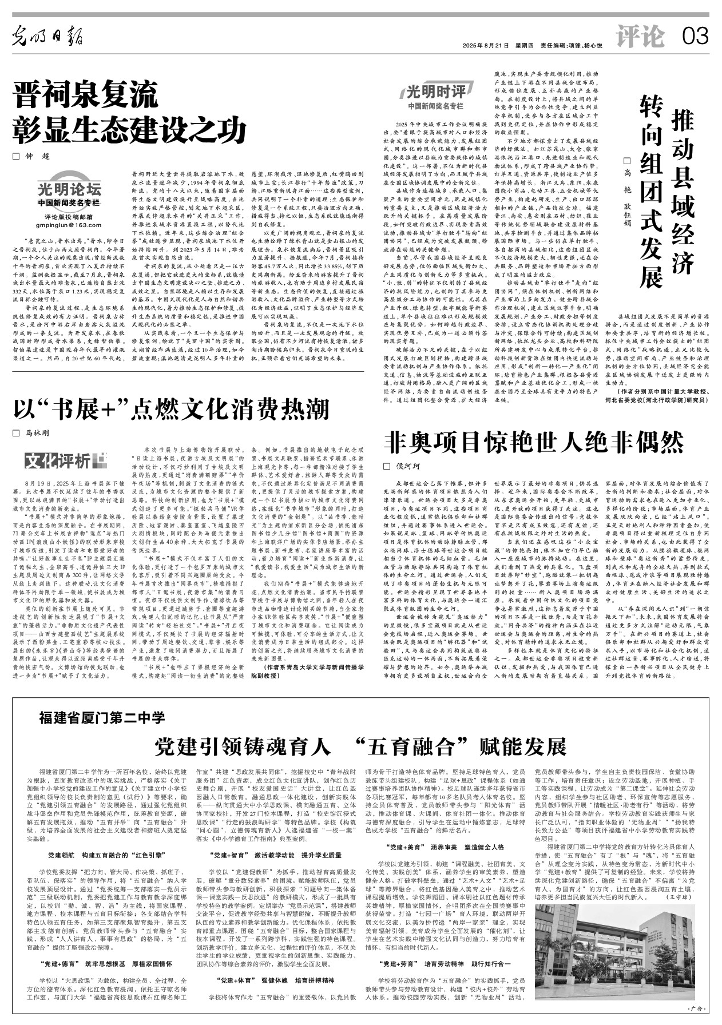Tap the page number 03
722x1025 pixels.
point(695,37)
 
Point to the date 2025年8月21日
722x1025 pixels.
point(486,46)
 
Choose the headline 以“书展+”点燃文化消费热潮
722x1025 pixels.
point(172,409)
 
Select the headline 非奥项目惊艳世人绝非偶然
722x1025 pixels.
point(533,441)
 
